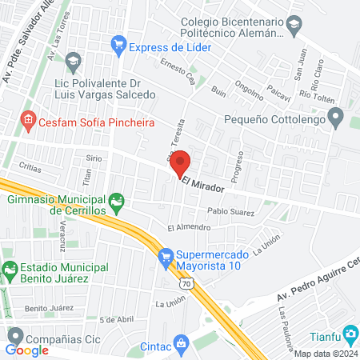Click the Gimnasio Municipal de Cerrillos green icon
click(117, 202)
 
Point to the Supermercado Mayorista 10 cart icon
click(166, 256)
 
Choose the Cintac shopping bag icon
click(182, 345)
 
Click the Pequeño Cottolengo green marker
click(335, 122)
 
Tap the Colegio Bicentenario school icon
click(294, 28)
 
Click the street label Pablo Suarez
click(230, 212)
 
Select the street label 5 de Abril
click(117, 318)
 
